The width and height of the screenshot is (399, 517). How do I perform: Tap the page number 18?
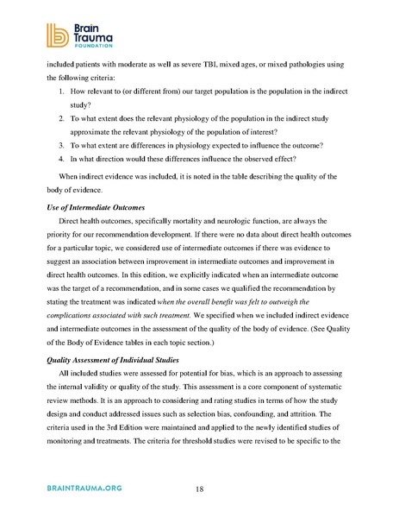[199, 489]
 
